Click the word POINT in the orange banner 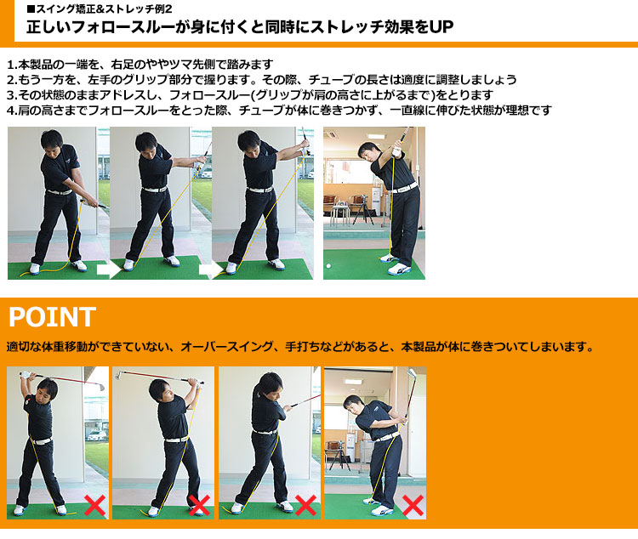[52, 317]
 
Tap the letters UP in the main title [441, 27]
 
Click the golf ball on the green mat [328, 266]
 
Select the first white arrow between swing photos [109, 269]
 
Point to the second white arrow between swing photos [211, 269]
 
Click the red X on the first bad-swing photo [94, 505]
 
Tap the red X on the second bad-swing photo [199, 505]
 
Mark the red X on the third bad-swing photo [305, 505]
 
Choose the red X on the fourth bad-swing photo [413, 505]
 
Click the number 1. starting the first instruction [12, 65]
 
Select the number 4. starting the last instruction [12, 111]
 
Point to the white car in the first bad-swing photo [97, 435]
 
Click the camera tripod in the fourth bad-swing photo [339, 457]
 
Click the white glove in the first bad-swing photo [26, 376]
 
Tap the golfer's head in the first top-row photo [51, 140]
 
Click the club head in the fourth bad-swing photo [412, 373]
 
